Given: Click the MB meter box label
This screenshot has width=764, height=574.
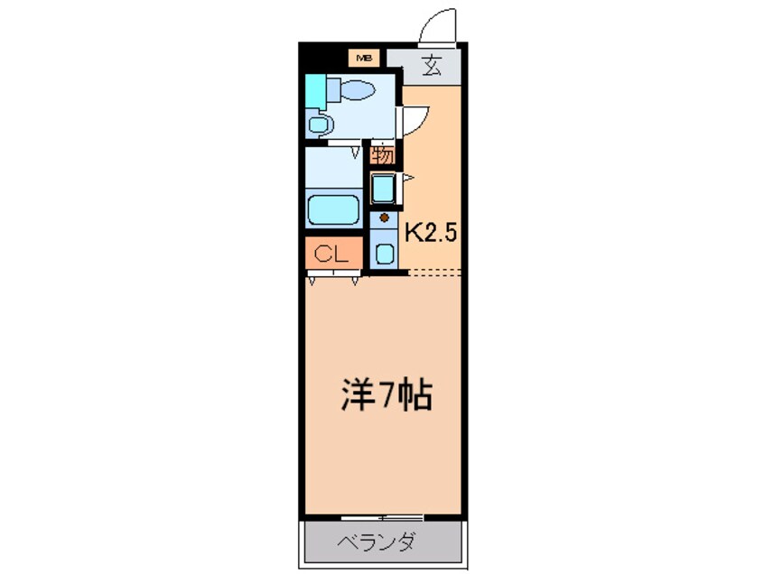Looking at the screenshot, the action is [364, 59].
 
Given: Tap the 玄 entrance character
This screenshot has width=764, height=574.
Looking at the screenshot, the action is [432, 66].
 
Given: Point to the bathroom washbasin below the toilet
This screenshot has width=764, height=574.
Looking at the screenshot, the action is [319, 125].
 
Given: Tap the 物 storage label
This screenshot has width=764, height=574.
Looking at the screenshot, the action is [383, 155].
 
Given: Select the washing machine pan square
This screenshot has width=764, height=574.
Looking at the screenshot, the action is [384, 189].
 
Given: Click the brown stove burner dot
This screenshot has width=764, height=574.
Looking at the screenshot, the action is [385, 218].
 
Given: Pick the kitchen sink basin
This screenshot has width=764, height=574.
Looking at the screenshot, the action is [385, 254].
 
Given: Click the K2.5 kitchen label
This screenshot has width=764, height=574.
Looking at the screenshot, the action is [431, 233].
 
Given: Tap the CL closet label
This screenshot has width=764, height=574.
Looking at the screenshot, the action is [331, 254].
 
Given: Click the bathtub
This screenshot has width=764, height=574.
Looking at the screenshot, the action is [334, 209].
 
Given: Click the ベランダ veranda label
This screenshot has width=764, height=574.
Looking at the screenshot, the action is [377, 542].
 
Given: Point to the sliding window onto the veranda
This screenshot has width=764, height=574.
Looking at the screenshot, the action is [382, 517].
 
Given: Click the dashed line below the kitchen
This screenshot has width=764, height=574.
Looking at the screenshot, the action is [434, 273].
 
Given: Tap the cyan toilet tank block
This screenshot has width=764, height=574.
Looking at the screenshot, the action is [315, 92].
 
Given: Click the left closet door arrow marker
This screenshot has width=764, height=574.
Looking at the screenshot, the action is [312, 281].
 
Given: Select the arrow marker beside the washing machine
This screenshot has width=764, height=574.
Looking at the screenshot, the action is [408, 178].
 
